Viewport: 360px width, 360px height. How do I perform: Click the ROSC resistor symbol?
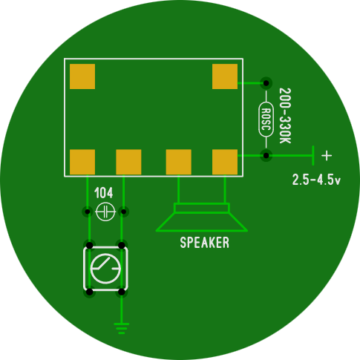click(x=266, y=120)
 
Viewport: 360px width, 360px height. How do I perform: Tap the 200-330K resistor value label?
click(x=285, y=116)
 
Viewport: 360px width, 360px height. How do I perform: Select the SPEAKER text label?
click(x=205, y=243)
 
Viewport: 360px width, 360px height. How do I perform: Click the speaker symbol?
click(x=202, y=217)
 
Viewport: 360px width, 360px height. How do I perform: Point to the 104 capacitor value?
click(x=104, y=193)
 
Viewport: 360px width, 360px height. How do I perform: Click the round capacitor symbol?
click(x=105, y=212)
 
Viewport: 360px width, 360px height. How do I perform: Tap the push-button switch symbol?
click(x=105, y=269)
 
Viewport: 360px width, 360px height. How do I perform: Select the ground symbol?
click(x=122, y=328)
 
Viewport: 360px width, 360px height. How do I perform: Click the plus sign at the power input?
click(x=327, y=156)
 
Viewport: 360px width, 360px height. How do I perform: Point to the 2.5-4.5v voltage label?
click(x=316, y=180)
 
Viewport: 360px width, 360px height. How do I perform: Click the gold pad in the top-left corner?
click(x=82, y=76)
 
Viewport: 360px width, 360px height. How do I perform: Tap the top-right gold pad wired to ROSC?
click(x=225, y=76)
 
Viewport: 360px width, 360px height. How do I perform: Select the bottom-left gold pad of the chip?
click(x=82, y=162)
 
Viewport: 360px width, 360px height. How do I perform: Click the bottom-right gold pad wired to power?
click(x=225, y=162)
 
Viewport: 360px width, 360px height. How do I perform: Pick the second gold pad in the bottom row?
click(x=128, y=162)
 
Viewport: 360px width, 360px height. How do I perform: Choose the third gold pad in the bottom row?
click(x=179, y=162)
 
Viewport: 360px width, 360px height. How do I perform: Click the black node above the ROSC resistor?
click(x=266, y=83)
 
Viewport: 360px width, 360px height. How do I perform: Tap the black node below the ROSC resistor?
click(x=266, y=156)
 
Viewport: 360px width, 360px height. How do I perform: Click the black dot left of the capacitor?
click(x=88, y=212)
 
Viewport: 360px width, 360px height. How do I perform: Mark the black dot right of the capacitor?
click(x=124, y=212)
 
